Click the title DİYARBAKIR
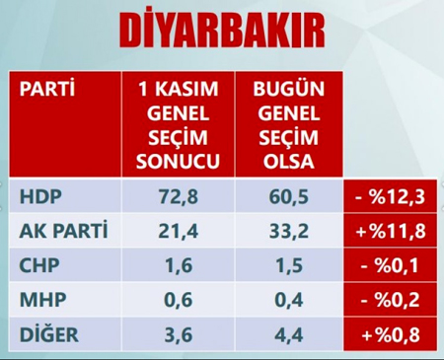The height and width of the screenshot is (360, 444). click(x=221, y=32)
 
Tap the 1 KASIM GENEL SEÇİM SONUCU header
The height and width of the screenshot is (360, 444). click(x=179, y=124)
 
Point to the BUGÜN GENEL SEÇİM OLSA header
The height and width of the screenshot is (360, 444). click(x=283, y=124)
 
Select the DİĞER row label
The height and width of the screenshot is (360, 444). click(x=48, y=333)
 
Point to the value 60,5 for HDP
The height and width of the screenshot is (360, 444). click(x=283, y=196)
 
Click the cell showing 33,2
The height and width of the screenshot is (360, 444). click(x=283, y=232)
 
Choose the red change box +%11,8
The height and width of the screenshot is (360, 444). click(x=389, y=233)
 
